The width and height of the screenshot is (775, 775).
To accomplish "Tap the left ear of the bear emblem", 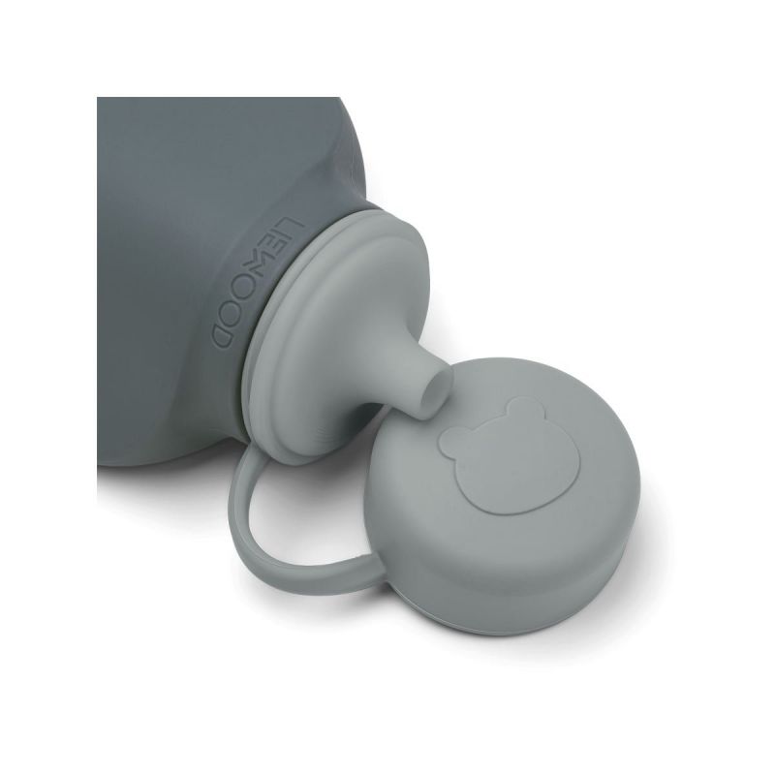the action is pyautogui.click(x=450, y=438).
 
